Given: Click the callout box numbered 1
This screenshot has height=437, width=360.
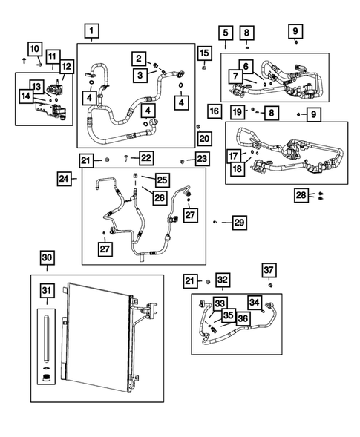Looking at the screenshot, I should coord(91,31).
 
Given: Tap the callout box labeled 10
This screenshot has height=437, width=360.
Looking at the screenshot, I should coord(35,48).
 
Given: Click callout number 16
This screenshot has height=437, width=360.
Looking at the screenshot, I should coord(214,111).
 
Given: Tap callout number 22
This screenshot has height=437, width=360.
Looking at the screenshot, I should coord(146,158).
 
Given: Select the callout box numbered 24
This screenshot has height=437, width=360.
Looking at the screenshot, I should coord(65,178).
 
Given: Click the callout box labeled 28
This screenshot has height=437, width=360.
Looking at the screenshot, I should coord(301,195).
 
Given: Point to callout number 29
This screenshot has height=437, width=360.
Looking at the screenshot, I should coord(238,222).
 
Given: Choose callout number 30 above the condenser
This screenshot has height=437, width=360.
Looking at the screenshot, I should coord(47,257).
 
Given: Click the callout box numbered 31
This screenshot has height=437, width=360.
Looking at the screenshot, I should coord(47,289).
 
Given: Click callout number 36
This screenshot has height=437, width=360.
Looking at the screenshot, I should coord(242,318).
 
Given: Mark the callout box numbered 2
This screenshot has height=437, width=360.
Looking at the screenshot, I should coord(138,58).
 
